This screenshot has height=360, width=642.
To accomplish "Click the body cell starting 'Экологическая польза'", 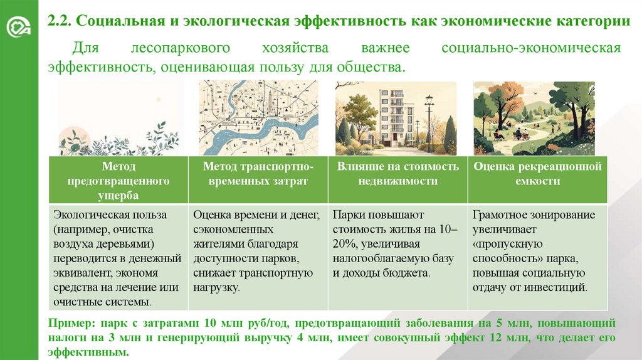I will [118, 258].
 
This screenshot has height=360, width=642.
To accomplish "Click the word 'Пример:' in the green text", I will [68, 324].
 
